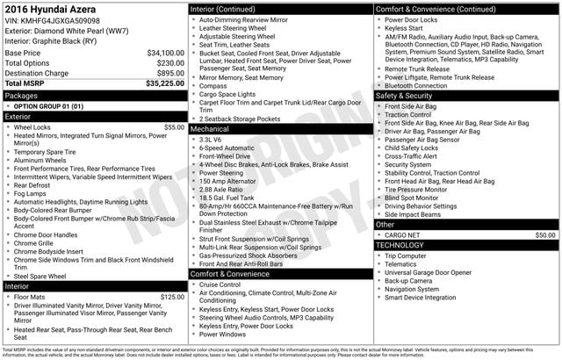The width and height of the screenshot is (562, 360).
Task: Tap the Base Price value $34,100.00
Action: coord(164,53)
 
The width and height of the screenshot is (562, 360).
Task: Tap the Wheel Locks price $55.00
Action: coord(174,127)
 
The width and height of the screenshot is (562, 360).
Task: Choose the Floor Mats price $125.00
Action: coord(172,298)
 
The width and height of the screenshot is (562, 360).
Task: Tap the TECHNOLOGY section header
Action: coord(400,245)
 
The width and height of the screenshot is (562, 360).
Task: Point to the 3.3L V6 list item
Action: coord(211,140)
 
